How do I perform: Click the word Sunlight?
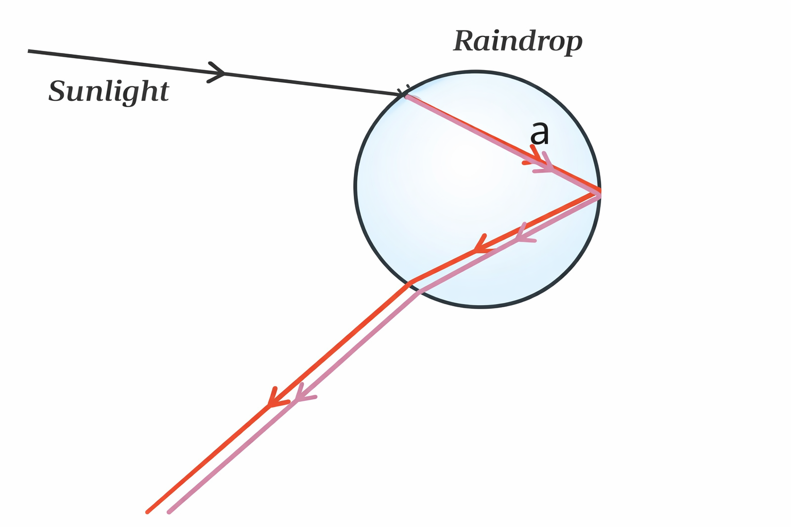[x=109, y=92]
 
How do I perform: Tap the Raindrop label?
[x=518, y=41]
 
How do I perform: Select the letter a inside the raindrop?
[x=540, y=132]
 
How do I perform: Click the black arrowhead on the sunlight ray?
[x=217, y=72]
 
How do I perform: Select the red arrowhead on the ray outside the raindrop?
[x=273, y=399]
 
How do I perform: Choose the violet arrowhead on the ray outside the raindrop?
[x=301, y=394]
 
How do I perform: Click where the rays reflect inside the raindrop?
[x=598, y=192]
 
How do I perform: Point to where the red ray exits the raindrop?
[x=410, y=283]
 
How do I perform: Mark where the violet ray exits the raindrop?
[x=420, y=292]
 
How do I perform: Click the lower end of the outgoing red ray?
[x=148, y=512]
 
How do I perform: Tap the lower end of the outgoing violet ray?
[x=169, y=512]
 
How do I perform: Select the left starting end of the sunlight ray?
[x=29, y=51]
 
